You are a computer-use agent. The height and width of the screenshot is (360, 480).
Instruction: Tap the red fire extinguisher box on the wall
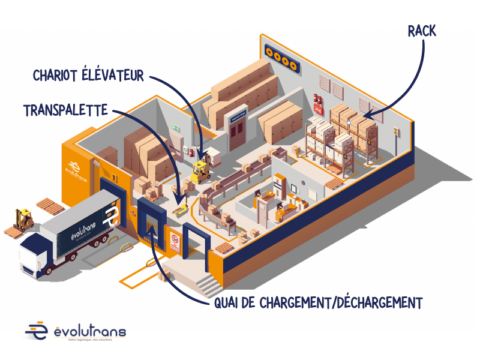point(317,100)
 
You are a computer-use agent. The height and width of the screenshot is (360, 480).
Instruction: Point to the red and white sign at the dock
point(174,241)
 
